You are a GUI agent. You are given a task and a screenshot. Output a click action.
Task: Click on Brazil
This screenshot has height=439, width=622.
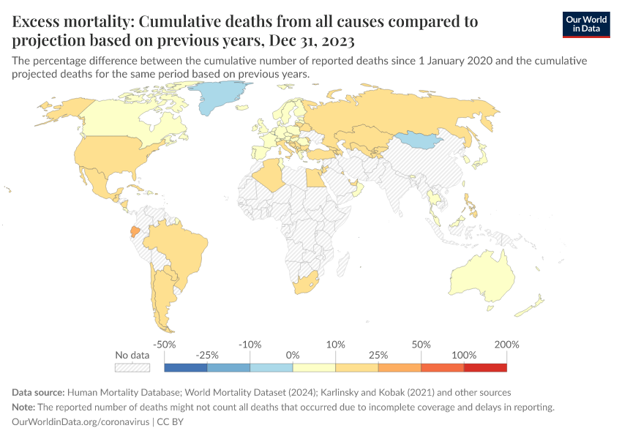click(176, 249)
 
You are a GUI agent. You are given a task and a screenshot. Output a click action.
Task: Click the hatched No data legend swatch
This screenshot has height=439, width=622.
click(132, 367)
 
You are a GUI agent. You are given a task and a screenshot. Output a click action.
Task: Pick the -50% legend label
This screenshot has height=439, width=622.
click(165, 344)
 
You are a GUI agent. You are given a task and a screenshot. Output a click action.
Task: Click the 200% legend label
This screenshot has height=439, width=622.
click(506, 344)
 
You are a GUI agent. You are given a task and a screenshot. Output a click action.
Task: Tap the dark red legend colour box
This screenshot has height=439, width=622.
click(484, 367)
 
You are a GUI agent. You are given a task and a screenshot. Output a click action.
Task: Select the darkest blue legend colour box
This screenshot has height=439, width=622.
click(186, 367)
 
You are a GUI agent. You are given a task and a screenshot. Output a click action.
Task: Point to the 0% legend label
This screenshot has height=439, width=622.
click(293, 355)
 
